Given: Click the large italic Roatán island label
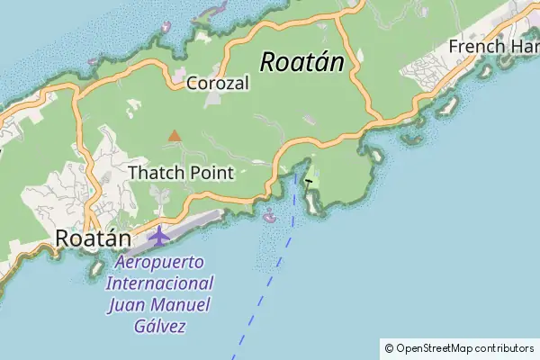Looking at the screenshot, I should pos(302,61).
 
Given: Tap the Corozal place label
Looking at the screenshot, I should pos(217,83).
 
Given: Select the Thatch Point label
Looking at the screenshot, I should pos(181,172).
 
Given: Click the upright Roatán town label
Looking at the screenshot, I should pos(93,238).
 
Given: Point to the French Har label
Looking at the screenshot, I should pos(493,46).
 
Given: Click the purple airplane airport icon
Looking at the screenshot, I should pos(159,237).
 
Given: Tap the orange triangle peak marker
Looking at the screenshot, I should pos(174,136).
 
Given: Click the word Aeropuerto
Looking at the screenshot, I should pos(160,264).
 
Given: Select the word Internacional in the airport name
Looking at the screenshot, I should pos(158,284).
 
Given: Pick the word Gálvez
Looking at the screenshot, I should pos(158,326).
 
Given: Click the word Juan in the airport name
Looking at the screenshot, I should pos(126,305).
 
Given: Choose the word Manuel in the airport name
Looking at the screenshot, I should pos(179,305).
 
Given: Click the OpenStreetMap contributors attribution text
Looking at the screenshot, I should pos(464,347).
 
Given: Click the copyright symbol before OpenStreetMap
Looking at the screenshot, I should pos(389,347).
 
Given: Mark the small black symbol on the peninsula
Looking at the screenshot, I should pos(309,181).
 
